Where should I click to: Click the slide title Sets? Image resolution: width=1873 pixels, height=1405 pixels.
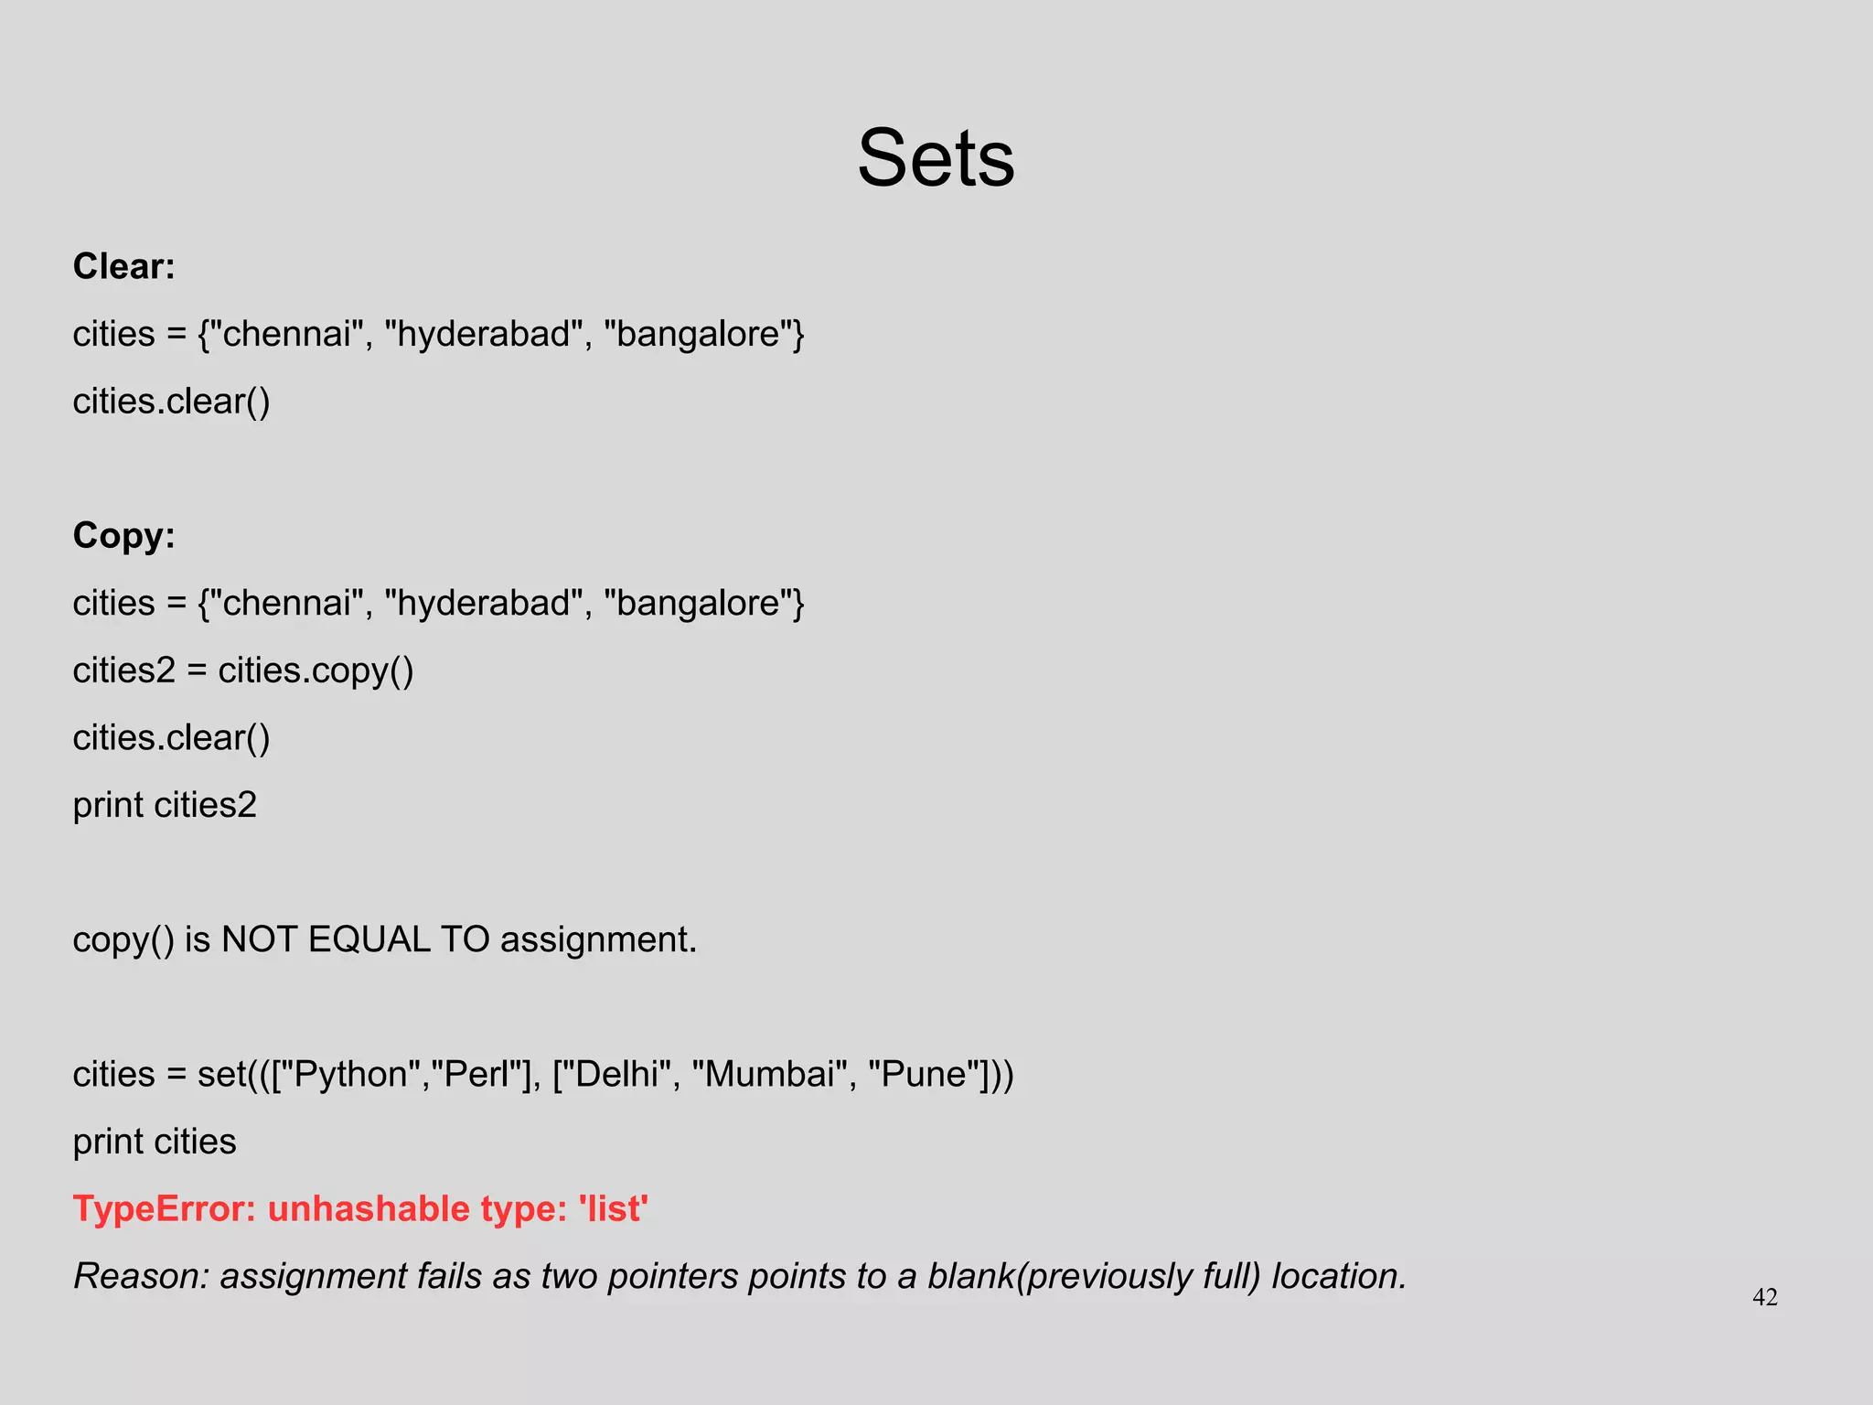click(x=936, y=158)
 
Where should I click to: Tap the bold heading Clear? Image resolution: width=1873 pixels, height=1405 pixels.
click(x=123, y=266)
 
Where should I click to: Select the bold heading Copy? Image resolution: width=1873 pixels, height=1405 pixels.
click(x=123, y=535)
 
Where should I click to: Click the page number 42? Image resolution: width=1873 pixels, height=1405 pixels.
click(x=1764, y=1297)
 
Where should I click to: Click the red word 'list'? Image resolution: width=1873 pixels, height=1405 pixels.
click(x=613, y=1209)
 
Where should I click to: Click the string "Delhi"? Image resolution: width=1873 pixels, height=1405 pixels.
click(x=618, y=1074)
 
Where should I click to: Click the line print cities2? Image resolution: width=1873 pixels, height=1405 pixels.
click(x=165, y=805)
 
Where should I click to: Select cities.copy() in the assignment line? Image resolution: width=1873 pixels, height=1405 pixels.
click(x=316, y=670)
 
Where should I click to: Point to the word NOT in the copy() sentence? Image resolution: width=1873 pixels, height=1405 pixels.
click(x=259, y=939)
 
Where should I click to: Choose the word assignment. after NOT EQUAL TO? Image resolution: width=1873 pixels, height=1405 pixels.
click(x=598, y=939)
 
